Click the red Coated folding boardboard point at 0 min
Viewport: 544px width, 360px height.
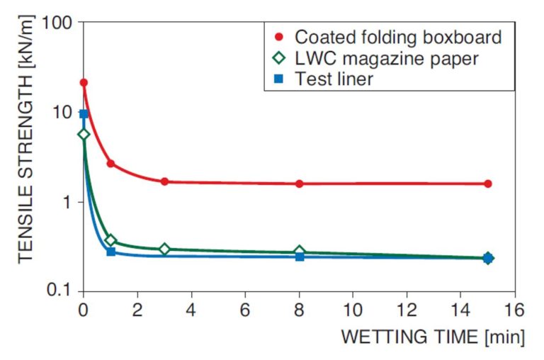pyautogui.click(x=84, y=83)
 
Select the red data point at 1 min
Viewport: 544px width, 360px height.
pyautogui.click(x=110, y=164)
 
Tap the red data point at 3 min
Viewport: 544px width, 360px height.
pyautogui.click(x=164, y=181)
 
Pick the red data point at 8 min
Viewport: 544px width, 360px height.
pyautogui.click(x=299, y=184)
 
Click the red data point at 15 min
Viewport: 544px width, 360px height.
pyautogui.click(x=487, y=184)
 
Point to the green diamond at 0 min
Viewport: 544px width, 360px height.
pyautogui.click(x=84, y=134)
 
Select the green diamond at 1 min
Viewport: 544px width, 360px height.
pyautogui.click(x=110, y=240)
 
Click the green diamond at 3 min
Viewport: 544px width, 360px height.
pyautogui.click(x=164, y=249)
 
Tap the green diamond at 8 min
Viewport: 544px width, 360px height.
pyautogui.click(x=299, y=251)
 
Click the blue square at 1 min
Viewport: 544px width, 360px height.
pyautogui.click(x=110, y=252)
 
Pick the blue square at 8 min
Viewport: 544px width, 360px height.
pyautogui.click(x=299, y=257)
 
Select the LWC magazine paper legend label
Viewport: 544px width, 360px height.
pyautogui.click(x=387, y=58)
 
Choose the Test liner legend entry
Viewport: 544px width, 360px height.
pyautogui.click(x=334, y=79)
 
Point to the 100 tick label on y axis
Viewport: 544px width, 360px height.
pyautogui.click(x=58, y=22)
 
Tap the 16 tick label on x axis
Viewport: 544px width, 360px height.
pyautogui.click(x=514, y=309)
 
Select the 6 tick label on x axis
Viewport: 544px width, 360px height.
pyautogui.click(x=245, y=309)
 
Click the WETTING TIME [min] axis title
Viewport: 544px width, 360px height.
pyautogui.click(x=433, y=337)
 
